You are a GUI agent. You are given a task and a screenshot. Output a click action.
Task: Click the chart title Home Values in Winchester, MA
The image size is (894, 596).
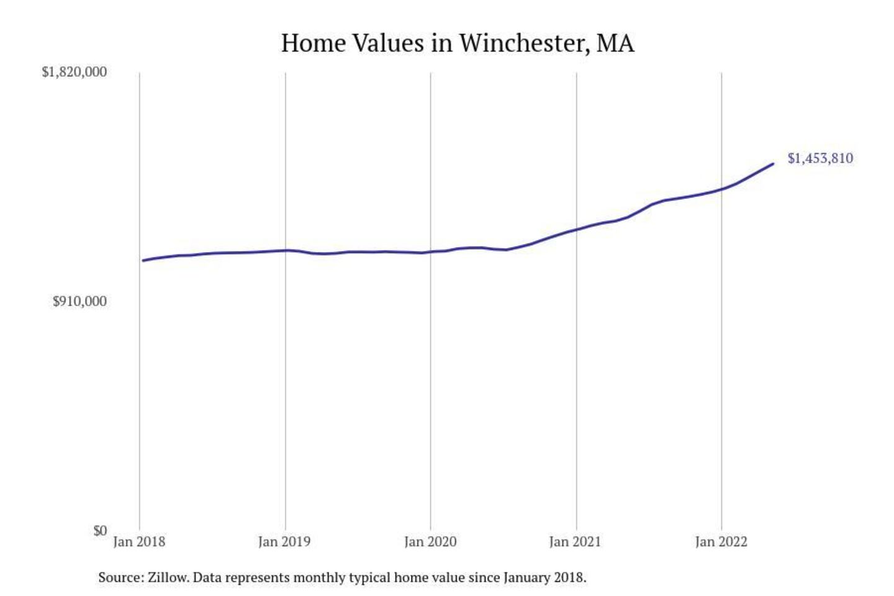pyautogui.click(x=458, y=43)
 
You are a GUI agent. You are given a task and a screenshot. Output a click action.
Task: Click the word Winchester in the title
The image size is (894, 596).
pyautogui.click(x=523, y=43)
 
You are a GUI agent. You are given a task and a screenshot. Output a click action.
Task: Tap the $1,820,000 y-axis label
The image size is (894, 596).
pyautogui.click(x=74, y=72)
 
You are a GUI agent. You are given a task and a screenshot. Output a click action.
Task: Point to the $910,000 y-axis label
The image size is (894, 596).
pyautogui.click(x=79, y=302)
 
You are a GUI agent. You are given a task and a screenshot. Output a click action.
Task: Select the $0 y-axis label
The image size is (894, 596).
pyautogui.click(x=100, y=531)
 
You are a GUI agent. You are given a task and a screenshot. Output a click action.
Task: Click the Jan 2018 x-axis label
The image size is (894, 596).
pyautogui.click(x=139, y=542)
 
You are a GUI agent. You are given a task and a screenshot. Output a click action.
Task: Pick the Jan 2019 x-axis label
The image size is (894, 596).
pyautogui.click(x=284, y=542)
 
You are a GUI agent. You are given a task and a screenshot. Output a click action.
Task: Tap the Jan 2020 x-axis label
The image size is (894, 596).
pyautogui.click(x=430, y=542)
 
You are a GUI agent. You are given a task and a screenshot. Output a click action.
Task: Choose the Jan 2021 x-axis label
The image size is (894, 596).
pyautogui.click(x=575, y=542)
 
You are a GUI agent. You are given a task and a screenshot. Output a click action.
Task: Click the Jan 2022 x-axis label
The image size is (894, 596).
pyautogui.click(x=721, y=542)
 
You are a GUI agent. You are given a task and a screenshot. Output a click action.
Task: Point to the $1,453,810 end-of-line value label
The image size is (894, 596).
pyautogui.click(x=820, y=158)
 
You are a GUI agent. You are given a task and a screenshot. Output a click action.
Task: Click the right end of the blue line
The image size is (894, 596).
pyautogui.click(x=773, y=164)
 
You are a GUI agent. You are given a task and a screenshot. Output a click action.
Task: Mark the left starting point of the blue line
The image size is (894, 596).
pyautogui.click(x=143, y=260)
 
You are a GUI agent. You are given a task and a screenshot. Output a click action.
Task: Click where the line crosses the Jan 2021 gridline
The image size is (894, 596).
pyautogui.click(x=576, y=230)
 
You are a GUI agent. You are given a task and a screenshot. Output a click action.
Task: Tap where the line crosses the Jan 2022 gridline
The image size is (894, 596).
pyautogui.click(x=721, y=189)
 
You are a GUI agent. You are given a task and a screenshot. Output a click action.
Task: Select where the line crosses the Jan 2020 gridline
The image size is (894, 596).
pyautogui.click(x=431, y=252)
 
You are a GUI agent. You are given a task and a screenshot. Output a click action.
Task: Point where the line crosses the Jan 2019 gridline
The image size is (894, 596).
pyautogui.click(x=286, y=250)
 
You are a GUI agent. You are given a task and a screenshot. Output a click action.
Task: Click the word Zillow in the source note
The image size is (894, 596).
pyautogui.click(x=168, y=578)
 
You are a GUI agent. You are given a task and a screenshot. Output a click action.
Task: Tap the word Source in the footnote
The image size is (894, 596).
pyautogui.click(x=119, y=578)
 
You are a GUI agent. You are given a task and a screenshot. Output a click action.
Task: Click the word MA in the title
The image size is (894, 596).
pyautogui.click(x=616, y=43)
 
